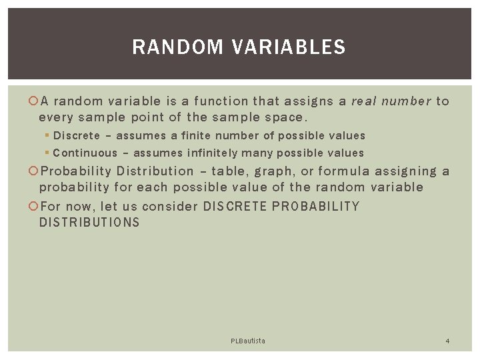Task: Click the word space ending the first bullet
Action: coord(283,118)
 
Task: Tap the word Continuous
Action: coord(81,153)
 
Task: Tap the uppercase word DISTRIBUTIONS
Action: coord(89,223)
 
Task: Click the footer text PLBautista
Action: coord(248,341)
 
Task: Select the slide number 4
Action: coord(447,341)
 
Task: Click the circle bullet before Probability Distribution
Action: coord(33,172)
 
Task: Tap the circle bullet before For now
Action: coord(33,206)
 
